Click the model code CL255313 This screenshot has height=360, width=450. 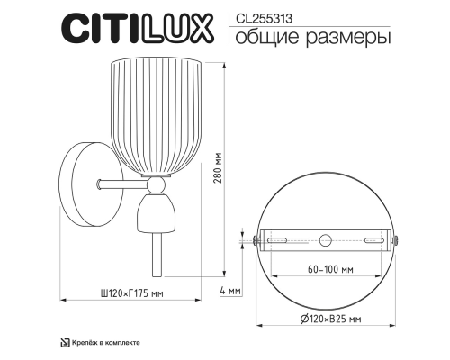coord(259,15)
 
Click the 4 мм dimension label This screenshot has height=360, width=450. coord(230,291)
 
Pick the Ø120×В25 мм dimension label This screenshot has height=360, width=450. coord(326,318)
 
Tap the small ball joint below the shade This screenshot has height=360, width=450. coord(155,184)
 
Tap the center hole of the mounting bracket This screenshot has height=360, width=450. coord(326,240)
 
